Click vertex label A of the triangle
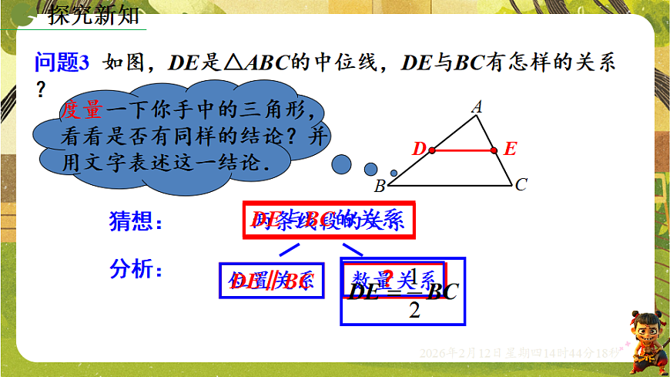pos(477,108)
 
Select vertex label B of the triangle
pos(379,187)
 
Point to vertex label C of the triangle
pos(521,184)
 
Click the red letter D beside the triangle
pos(419,150)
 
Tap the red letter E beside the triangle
pos(510,150)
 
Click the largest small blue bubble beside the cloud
pos(341,163)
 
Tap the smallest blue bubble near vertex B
pos(394,173)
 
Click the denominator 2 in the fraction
pos(414,311)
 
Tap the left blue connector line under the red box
pos(289,249)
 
